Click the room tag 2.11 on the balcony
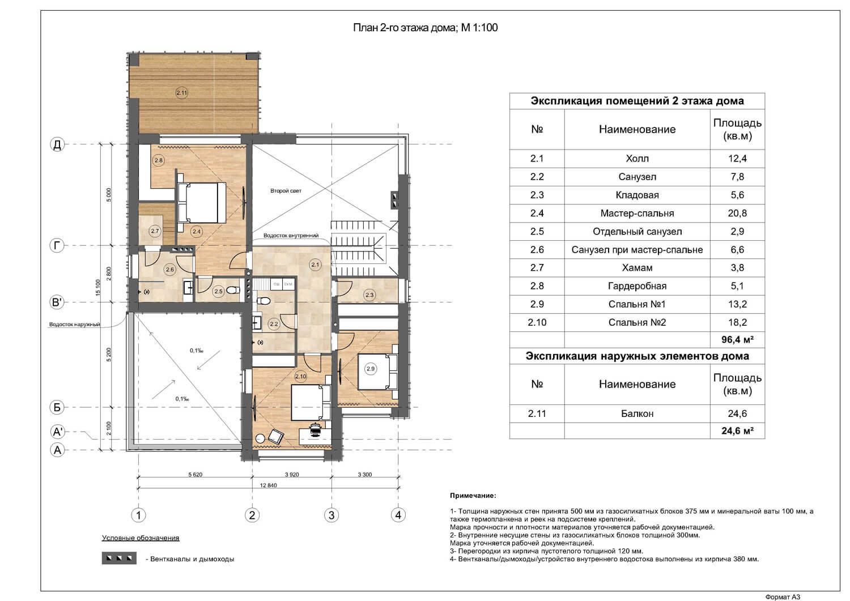(x=182, y=92)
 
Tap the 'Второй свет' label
(x=286, y=191)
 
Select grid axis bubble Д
(x=57, y=144)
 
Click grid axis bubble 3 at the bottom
(x=331, y=515)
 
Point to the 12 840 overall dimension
(x=268, y=485)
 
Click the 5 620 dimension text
(x=195, y=475)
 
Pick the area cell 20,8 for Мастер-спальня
(x=737, y=213)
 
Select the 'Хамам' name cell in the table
(x=637, y=268)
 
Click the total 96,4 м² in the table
(x=737, y=339)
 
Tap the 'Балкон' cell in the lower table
(x=637, y=414)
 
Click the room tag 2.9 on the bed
(x=371, y=368)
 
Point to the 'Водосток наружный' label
(x=74, y=325)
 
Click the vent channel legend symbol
(x=119, y=558)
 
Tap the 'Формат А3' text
(x=783, y=597)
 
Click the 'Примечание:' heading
(x=473, y=496)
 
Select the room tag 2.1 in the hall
(x=315, y=265)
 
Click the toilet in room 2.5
(x=233, y=291)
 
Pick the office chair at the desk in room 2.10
(x=314, y=429)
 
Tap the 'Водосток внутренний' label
(x=291, y=236)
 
